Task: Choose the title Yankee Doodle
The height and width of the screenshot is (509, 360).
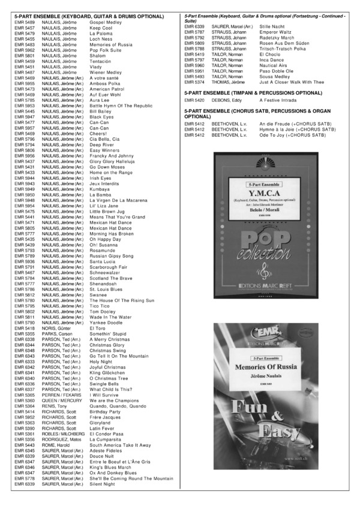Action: coord(106,323)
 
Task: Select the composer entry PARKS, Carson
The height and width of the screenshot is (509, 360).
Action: coord(56,333)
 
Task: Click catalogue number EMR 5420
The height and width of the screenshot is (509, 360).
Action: coord(194,101)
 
